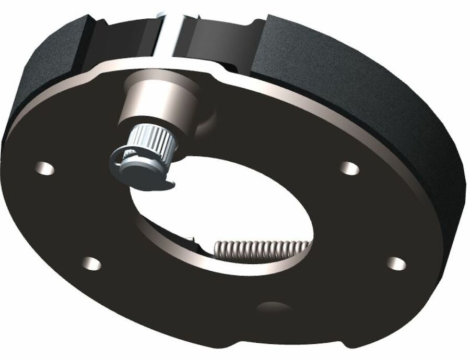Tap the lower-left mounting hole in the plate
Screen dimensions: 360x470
pyautogui.click(x=92, y=263)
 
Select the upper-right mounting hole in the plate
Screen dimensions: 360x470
pyautogui.click(x=348, y=168)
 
